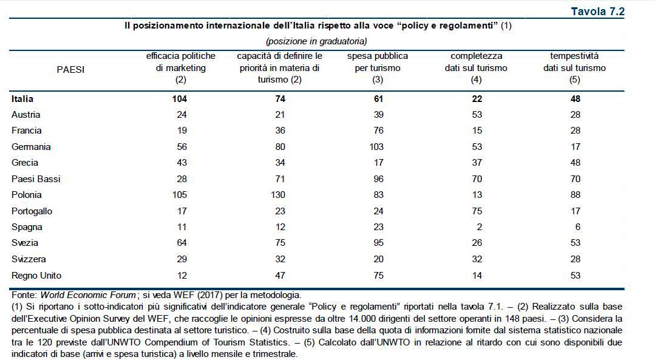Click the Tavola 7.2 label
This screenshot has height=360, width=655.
[597, 11]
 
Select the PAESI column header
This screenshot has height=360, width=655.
[70, 69]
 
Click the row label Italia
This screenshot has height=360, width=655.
[22, 98]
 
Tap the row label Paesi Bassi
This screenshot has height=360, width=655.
[36, 178]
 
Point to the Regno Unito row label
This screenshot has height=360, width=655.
[36, 275]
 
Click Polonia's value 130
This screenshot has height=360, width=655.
[279, 195]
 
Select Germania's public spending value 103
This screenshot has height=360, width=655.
[378, 146]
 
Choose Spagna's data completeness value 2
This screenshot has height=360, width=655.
[479, 227]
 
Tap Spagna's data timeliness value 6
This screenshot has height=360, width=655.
[577, 227]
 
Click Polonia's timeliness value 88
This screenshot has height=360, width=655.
[575, 195]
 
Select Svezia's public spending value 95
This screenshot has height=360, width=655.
[378, 243]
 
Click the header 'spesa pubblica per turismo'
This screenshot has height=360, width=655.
[378, 67]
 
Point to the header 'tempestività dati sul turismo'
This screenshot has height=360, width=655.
[574, 67]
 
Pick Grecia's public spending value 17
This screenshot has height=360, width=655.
[378, 162]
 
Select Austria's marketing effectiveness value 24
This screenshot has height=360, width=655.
[181, 114]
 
